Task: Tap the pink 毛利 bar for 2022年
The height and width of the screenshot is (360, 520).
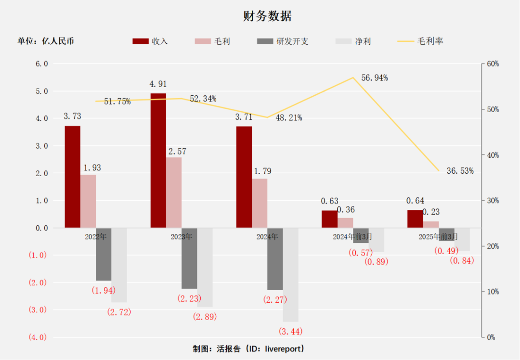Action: (x=88, y=201)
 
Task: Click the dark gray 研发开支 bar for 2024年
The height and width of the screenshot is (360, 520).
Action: (x=275, y=259)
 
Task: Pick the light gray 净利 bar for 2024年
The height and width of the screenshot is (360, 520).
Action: (x=290, y=274)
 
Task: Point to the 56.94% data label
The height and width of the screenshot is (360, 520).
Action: (x=375, y=78)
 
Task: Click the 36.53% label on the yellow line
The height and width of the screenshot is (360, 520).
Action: (x=460, y=171)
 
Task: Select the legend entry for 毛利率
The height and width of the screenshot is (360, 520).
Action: (x=420, y=41)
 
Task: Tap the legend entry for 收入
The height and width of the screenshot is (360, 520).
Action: (x=150, y=41)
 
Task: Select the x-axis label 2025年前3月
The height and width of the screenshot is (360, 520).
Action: (x=438, y=237)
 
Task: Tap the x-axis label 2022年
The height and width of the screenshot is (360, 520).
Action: (x=95, y=237)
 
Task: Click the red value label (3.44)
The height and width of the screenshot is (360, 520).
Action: (x=290, y=332)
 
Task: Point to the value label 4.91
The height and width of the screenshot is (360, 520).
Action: (x=158, y=84)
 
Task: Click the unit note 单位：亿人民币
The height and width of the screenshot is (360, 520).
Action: (x=46, y=41)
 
